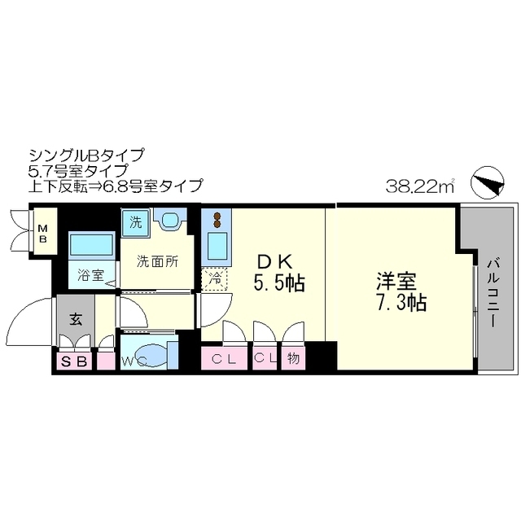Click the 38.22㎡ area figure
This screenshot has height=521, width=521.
[419, 186]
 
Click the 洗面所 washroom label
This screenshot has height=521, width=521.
[156, 261]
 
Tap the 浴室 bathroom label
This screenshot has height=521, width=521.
[90, 274]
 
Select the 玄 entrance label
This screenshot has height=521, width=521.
[75, 319]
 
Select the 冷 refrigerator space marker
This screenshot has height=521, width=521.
[214, 277]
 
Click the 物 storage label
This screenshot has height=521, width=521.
[293, 358]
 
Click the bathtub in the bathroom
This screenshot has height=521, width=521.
[90, 244]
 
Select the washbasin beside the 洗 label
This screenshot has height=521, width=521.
[169, 221]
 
